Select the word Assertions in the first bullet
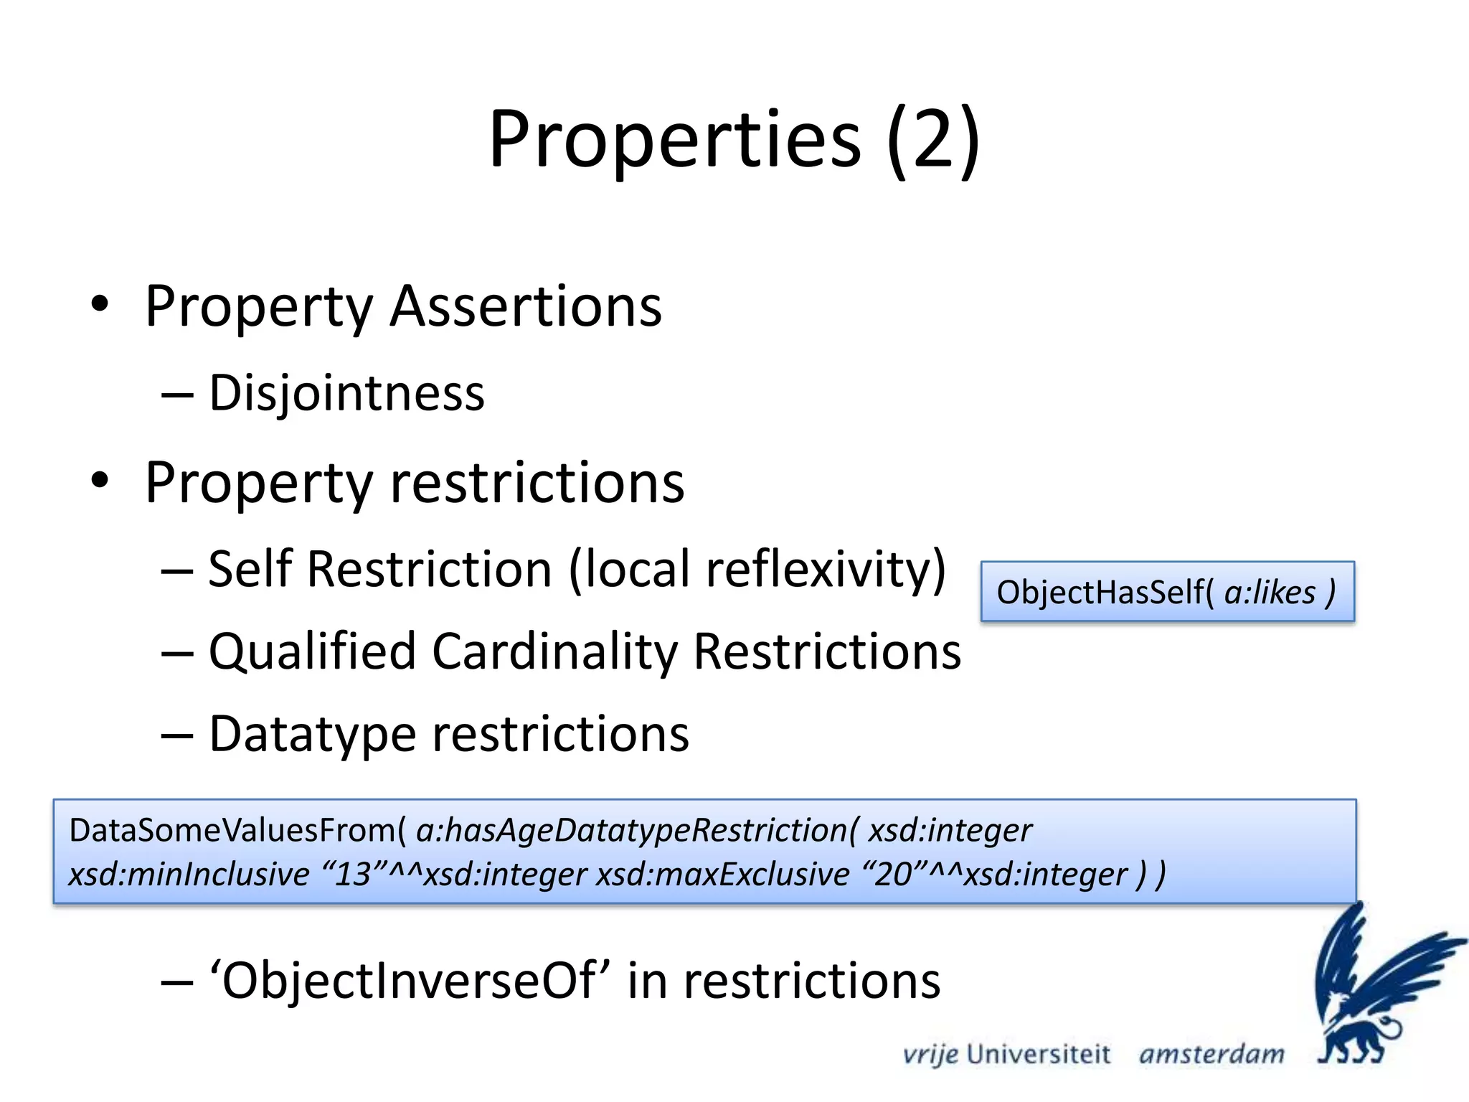[526, 307]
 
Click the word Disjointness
[346, 394]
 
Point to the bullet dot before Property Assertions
[100, 303]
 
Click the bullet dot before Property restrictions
[100, 480]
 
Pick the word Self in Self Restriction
[250, 569]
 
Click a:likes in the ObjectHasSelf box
[1270, 593]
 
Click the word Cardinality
[555, 651]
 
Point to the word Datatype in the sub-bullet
[312, 735]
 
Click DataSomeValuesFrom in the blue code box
[233, 830]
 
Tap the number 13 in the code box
[353, 875]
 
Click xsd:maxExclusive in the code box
[723, 875]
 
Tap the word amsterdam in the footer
[1211, 1055]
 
